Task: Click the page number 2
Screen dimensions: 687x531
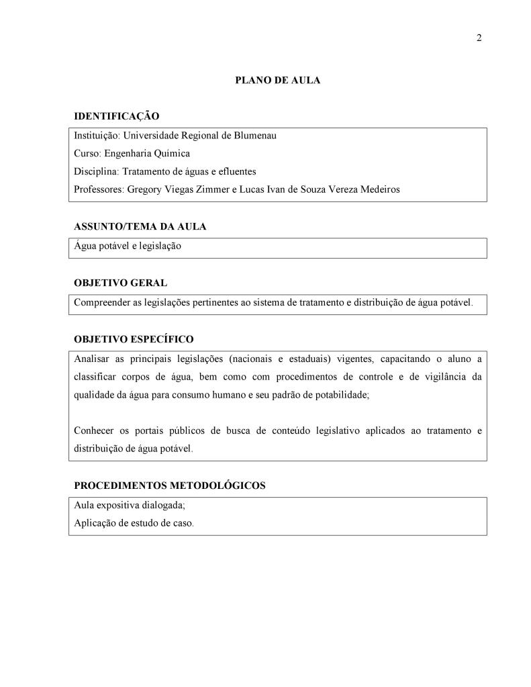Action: click(x=479, y=38)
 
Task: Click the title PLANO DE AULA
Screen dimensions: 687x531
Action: click(x=277, y=80)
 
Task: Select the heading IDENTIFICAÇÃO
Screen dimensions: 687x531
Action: click(x=116, y=116)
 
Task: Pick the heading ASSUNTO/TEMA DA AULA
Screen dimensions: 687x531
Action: click(x=140, y=226)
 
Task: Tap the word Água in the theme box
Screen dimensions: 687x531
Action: click(x=85, y=245)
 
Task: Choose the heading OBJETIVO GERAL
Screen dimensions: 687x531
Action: click(x=120, y=283)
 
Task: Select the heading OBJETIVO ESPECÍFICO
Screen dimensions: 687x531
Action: click(x=134, y=339)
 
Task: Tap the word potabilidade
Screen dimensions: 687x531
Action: click(x=336, y=395)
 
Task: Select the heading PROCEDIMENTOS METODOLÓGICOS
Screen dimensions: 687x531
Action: click(x=169, y=486)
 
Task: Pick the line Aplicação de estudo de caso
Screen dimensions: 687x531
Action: click(x=133, y=523)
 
